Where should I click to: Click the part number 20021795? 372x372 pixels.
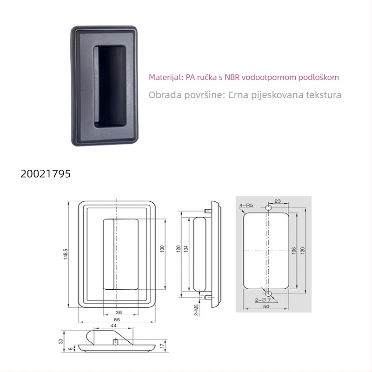point(46,173)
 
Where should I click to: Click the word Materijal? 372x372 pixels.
point(166,77)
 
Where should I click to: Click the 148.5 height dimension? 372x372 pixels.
point(66,254)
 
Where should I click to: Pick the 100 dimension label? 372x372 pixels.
point(162,249)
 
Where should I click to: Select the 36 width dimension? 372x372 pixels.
point(119,312)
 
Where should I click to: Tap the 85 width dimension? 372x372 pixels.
point(117,319)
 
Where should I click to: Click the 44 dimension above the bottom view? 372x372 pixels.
point(113,326)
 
